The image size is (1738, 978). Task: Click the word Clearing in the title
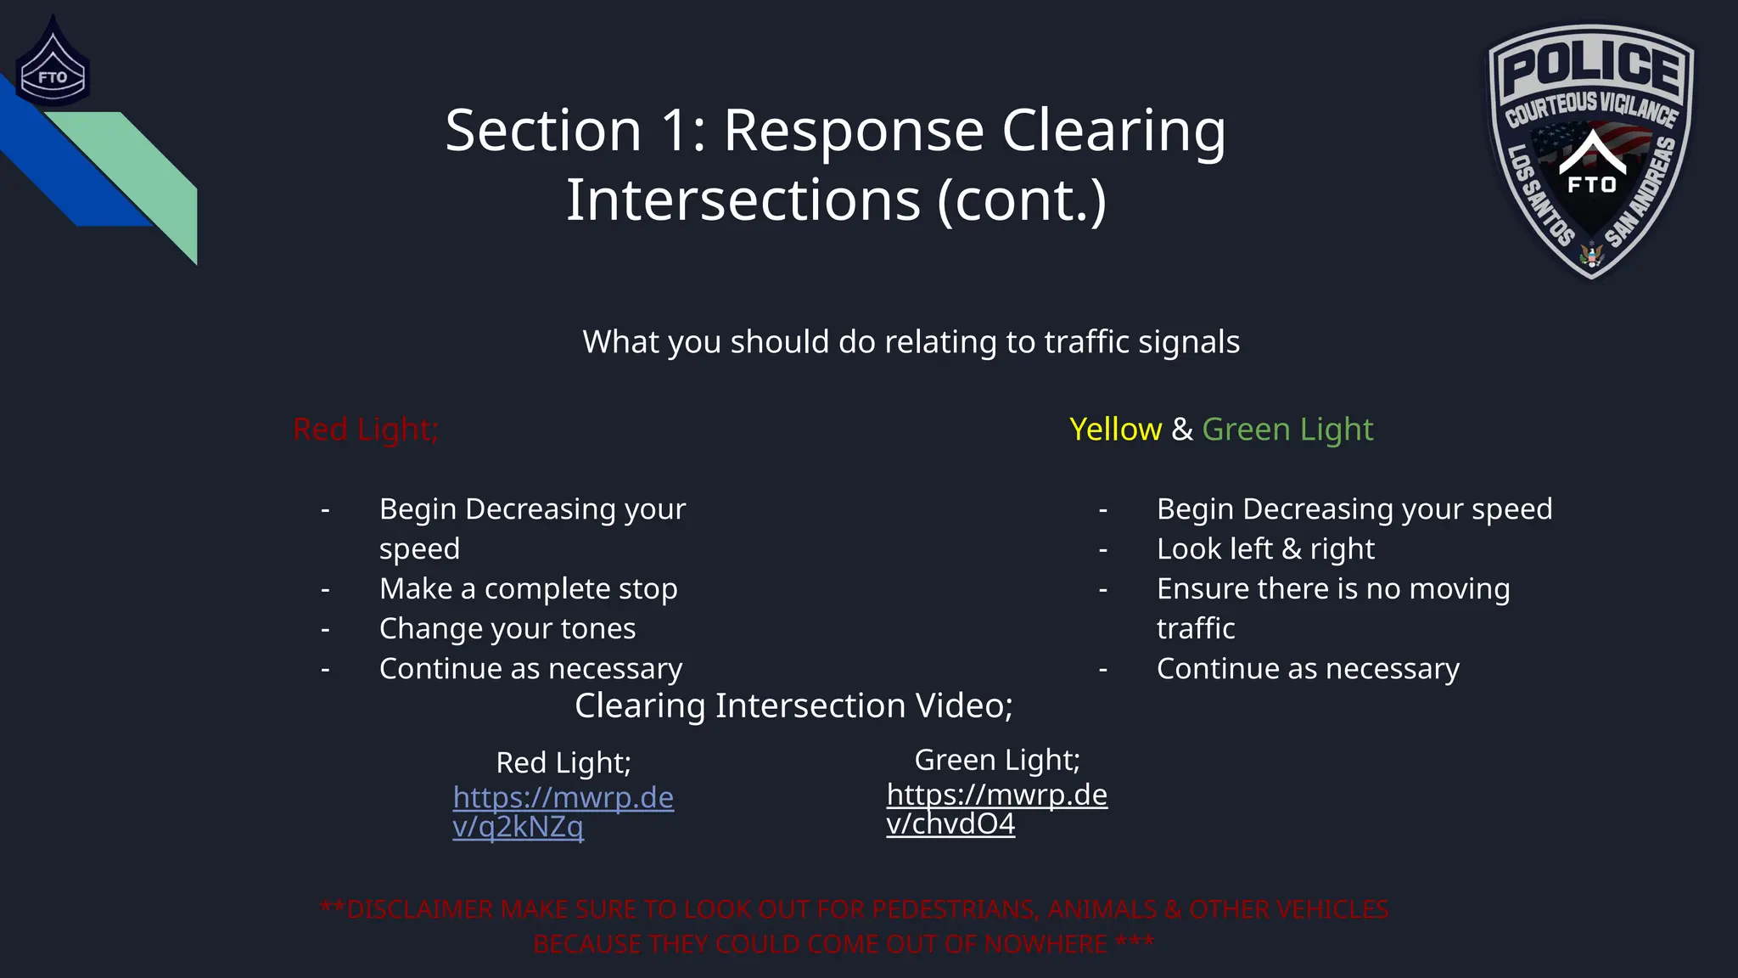[1113, 132]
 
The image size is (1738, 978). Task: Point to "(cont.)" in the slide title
[1022, 201]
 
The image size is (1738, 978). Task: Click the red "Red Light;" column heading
[366, 430]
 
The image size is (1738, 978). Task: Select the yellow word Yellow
[1115, 430]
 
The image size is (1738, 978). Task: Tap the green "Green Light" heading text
[1287, 430]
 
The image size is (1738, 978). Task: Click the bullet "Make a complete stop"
[528, 588]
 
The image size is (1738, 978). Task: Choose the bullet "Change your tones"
[507, 628]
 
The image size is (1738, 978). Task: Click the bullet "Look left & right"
[1265, 549]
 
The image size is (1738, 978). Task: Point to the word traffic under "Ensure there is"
[1196, 629]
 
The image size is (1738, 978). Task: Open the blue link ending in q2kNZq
[563, 811]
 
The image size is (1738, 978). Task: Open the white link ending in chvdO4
[996, 808]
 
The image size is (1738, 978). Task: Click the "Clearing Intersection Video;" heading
[793, 705]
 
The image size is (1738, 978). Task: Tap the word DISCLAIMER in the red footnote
[420, 909]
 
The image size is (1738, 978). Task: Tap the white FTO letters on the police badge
[1591, 184]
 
